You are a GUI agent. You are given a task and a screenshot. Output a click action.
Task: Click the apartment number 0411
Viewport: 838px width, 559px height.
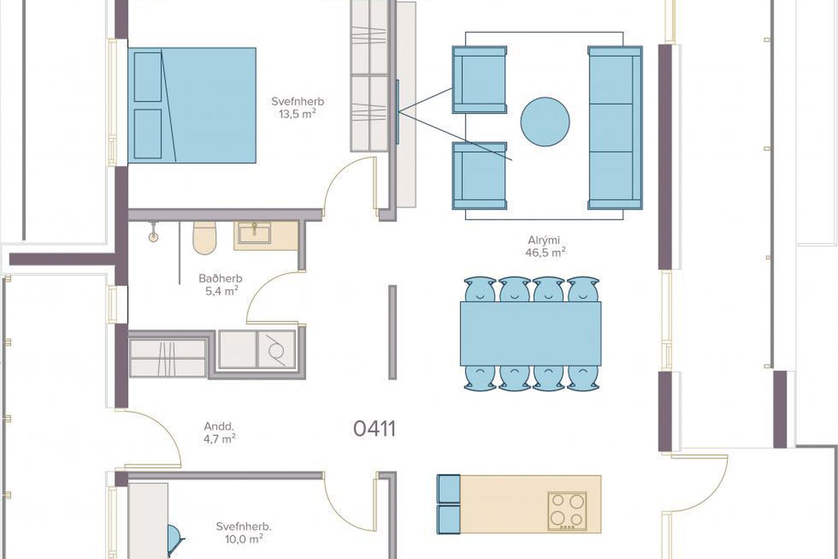click(374, 429)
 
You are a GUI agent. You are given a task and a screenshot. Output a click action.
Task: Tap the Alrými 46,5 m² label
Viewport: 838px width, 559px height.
click(545, 246)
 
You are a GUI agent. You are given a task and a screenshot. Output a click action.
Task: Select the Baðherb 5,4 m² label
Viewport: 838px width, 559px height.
click(221, 285)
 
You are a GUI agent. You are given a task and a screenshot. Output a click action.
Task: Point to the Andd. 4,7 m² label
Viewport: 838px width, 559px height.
click(220, 433)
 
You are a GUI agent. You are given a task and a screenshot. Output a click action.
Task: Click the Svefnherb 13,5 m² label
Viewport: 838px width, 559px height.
click(298, 107)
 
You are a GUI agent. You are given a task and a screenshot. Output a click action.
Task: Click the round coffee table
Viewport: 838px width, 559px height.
click(545, 122)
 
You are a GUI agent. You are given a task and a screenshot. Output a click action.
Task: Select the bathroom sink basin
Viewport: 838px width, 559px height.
click(254, 233)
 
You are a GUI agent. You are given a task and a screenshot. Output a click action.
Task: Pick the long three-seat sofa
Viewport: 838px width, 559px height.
click(615, 128)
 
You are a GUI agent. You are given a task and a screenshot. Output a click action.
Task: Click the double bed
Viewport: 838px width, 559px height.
click(192, 105)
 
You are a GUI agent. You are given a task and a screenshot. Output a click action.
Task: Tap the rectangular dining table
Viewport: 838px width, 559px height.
click(530, 334)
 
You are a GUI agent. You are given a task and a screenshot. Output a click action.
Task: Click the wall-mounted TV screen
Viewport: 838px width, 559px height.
click(397, 112)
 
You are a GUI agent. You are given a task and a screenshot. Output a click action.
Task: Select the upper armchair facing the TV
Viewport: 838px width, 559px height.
click(479, 79)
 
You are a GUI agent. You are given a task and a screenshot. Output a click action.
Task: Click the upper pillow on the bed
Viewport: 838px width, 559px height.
click(148, 77)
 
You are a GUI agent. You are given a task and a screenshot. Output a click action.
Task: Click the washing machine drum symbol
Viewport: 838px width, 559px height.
click(275, 349)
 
